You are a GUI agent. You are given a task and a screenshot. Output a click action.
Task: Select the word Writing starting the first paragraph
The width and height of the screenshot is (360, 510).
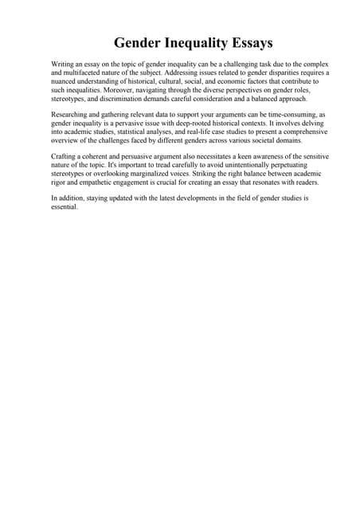pos(64,63)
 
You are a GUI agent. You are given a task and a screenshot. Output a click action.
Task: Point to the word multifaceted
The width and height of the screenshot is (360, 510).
pos(88,72)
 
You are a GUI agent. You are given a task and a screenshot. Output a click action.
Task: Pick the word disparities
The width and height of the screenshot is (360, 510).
pos(276,72)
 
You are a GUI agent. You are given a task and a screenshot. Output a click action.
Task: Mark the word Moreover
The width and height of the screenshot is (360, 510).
pos(120,89)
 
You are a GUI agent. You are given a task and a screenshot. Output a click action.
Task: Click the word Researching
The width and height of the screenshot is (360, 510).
pos(71,116)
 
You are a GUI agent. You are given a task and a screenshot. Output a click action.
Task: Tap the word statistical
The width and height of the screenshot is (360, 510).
pos(143,134)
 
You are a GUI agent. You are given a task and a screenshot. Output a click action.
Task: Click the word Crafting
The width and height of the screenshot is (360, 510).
pos(65,156)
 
